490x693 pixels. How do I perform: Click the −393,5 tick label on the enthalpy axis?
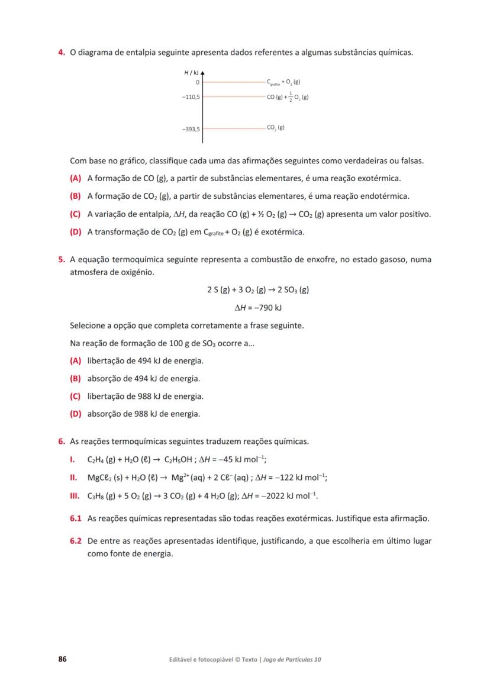(x=191, y=128)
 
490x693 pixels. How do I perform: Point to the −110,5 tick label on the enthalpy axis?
(x=191, y=96)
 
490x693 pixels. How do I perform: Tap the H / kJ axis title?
(x=191, y=72)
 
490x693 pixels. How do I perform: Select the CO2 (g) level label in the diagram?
(x=276, y=127)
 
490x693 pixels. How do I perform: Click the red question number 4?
(x=61, y=53)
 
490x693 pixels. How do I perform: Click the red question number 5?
(x=61, y=259)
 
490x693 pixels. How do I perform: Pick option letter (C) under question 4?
(x=75, y=214)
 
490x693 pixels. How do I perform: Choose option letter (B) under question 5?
(x=75, y=378)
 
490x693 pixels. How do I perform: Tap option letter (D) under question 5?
(x=75, y=414)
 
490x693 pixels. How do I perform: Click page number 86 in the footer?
(x=62, y=659)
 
